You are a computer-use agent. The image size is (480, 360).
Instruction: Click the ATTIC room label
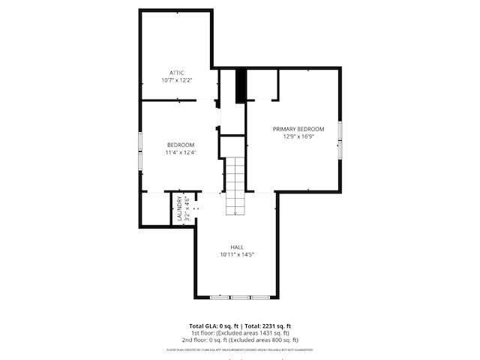tap(176, 73)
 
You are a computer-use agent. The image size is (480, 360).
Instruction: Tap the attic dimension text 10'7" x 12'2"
tap(176, 80)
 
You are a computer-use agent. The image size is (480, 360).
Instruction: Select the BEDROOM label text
tap(181, 145)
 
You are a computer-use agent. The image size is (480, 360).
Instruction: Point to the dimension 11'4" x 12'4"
tap(181, 153)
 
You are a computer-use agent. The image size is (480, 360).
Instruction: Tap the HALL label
tap(236, 247)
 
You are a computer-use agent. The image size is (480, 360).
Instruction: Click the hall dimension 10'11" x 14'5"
tap(236, 255)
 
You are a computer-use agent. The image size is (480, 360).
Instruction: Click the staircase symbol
tap(236, 185)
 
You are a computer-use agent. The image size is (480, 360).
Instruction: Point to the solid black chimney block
tap(241, 85)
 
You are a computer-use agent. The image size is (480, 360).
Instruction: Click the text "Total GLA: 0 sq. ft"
tap(212, 326)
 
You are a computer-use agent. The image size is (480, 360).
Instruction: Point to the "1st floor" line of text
tap(239, 333)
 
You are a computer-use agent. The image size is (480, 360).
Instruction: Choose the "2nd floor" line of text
tap(239, 340)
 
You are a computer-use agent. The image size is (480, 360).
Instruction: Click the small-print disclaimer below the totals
tap(239, 349)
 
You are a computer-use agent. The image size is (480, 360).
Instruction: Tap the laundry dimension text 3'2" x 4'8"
tap(187, 208)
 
